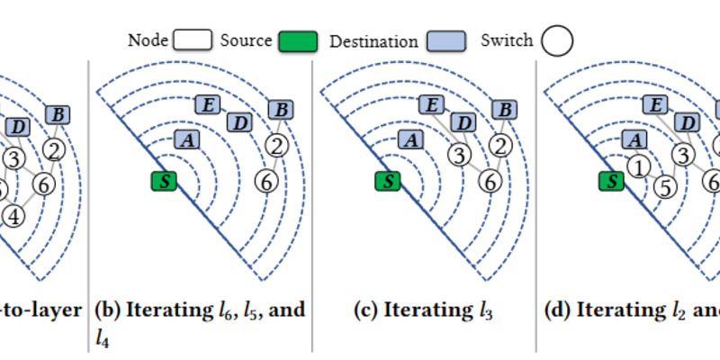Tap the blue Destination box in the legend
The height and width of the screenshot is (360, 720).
tap(445, 40)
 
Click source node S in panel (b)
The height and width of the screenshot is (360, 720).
tap(165, 181)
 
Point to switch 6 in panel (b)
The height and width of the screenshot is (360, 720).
tap(266, 182)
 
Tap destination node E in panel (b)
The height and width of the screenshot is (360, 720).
tap(208, 105)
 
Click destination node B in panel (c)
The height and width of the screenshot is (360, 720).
tap(506, 109)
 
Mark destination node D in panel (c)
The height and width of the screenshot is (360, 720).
tap(463, 122)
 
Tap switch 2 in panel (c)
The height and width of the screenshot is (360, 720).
tap(506, 145)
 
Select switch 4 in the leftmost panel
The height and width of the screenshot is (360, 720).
tap(13, 215)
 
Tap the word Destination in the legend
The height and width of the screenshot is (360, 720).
tap(373, 40)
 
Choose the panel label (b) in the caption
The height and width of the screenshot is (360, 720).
tap(108, 310)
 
